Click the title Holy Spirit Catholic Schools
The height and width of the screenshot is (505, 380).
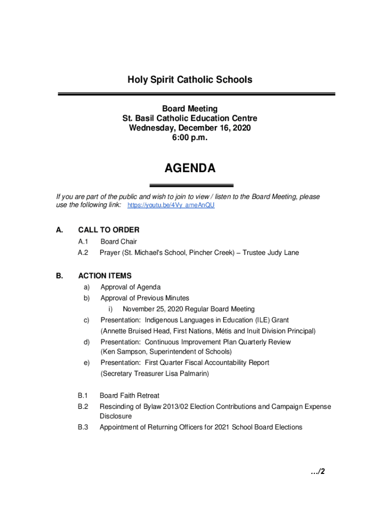(x=190, y=79)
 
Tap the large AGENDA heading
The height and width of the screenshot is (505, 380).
(x=190, y=169)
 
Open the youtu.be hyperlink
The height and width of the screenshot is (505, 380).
(x=171, y=205)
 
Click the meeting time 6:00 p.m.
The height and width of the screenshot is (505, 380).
(x=190, y=138)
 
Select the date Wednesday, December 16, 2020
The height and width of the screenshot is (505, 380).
(x=190, y=128)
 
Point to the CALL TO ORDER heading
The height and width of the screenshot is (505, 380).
(x=109, y=230)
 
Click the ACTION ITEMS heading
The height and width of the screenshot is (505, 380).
(x=105, y=276)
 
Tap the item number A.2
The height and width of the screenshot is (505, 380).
(x=82, y=252)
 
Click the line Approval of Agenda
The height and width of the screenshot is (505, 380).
(x=130, y=287)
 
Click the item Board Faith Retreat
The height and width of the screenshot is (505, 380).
(x=129, y=396)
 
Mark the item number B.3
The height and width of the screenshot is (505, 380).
(x=82, y=427)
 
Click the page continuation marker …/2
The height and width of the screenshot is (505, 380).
(x=318, y=472)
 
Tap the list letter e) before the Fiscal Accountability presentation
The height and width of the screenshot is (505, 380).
(x=86, y=362)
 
